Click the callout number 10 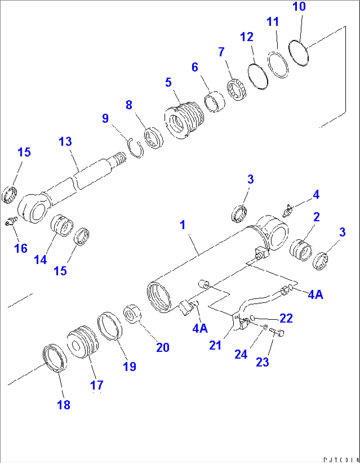pyautogui.click(x=299, y=7)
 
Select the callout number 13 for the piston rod pyautogui.click(x=65, y=142)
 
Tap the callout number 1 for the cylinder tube pyautogui.click(x=183, y=225)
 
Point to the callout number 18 pyautogui.click(x=64, y=405)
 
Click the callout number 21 pyautogui.click(x=215, y=346)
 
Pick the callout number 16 pyautogui.click(x=21, y=248)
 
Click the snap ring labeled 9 pyautogui.click(x=136, y=148)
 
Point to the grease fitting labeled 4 pyautogui.click(x=287, y=211)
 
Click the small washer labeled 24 pyautogui.click(x=265, y=327)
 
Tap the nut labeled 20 pyautogui.click(x=133, y=314)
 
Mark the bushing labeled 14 pyautogui.click(x=62, y=224)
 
